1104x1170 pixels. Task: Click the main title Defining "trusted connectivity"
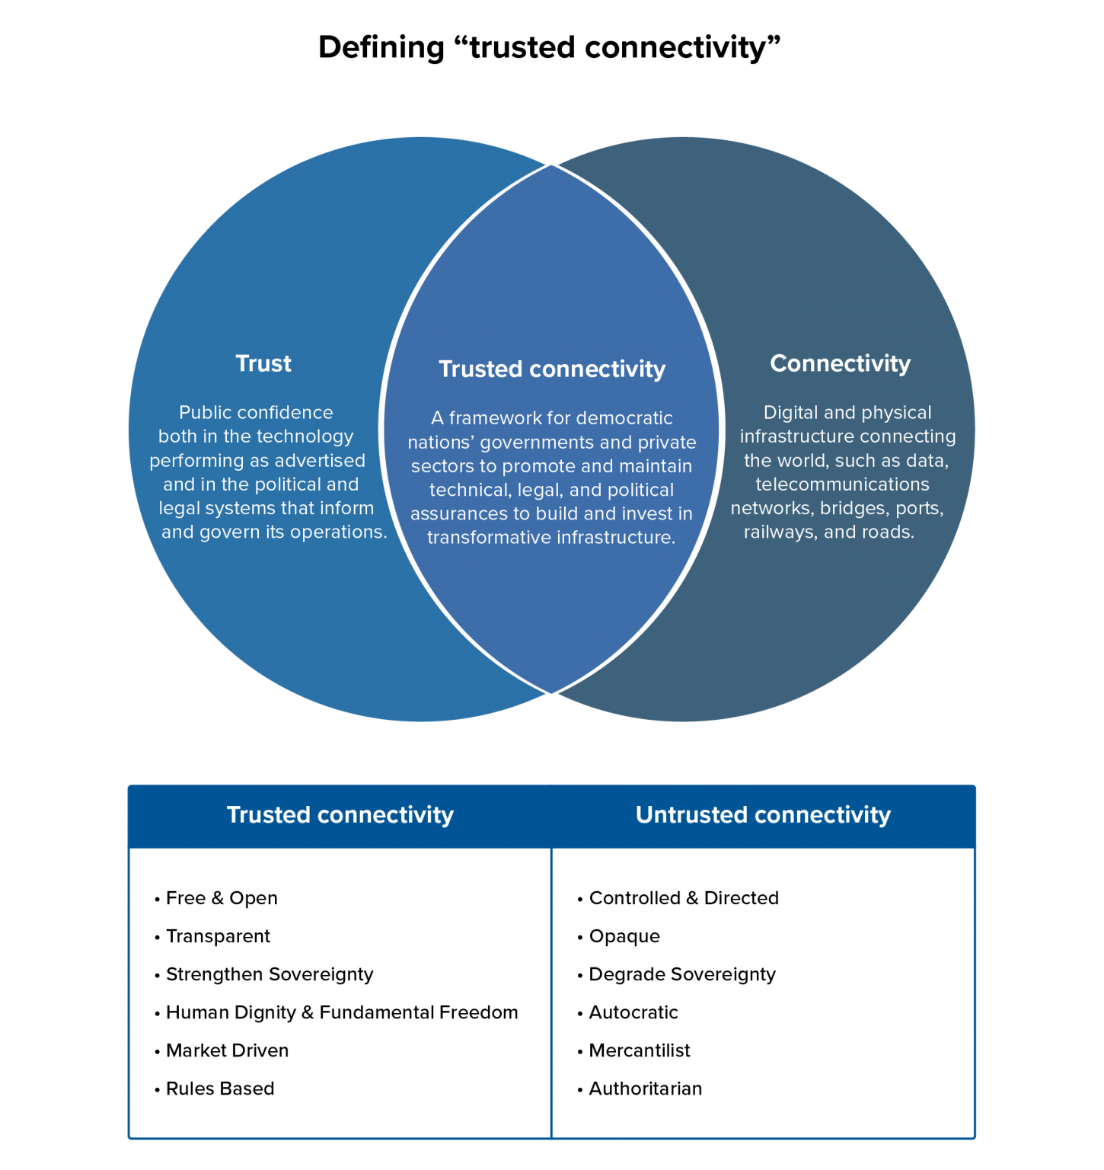tap(549, 47)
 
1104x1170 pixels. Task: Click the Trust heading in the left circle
tap(263, 363)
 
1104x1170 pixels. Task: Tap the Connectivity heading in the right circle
tap(840, 363)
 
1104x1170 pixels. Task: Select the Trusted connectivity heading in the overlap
tap(552, 369)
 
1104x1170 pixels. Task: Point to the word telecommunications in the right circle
tap(842, 484)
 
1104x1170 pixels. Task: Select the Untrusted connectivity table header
tap(763, 815)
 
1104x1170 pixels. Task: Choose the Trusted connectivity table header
tap(340, 815)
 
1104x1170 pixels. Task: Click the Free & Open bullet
tap(222, 898)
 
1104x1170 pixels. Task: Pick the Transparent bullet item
tap(218, 936)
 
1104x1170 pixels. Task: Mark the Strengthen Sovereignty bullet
tap(270, 974)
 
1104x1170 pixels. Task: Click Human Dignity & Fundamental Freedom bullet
tap(342, 1012)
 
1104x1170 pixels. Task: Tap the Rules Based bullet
tap(220, 1088)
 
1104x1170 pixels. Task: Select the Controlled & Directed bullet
tap(684, 898)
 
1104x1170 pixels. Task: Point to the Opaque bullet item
tap(624, 936)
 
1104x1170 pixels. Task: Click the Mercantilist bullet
tap(640, 1050)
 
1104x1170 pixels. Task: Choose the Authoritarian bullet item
tap(646, 1088)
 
